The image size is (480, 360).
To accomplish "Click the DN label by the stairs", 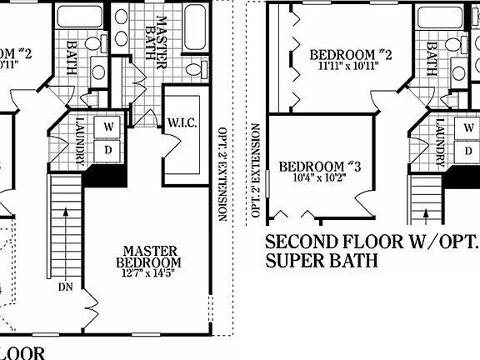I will point(66,287).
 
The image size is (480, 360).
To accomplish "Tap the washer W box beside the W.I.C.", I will point(109,126).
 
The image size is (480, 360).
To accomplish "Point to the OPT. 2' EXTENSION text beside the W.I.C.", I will point(222,174).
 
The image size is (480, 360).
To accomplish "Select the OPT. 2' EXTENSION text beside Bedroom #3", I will point(256,174).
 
